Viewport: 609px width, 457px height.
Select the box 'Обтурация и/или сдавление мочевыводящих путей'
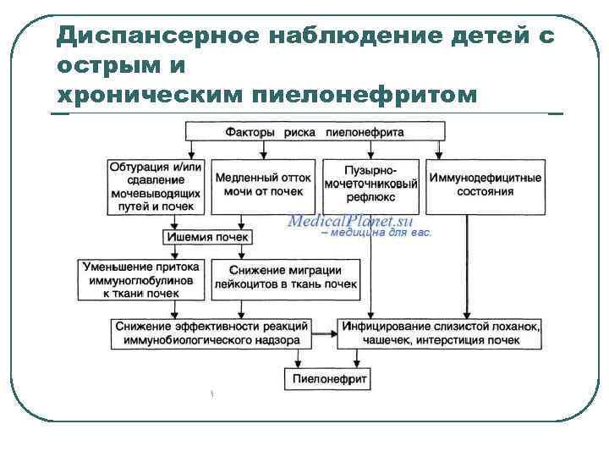(x=156, y=186)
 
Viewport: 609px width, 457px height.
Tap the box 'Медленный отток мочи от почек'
(x=263, y=185)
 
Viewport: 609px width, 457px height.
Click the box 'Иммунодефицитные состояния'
(x=486, y=185)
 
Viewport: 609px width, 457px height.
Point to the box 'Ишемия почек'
(x=208, y=237)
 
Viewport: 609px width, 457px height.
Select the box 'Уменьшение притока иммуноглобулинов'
(x=141, y=279)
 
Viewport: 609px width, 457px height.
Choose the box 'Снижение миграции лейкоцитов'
(x=287, y=278)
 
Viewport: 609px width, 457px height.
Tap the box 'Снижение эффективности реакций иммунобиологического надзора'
(x=211, y=333)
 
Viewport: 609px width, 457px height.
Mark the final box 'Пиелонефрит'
(x=330, y=379)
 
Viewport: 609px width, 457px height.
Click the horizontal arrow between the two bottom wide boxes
(x=324, y=333)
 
